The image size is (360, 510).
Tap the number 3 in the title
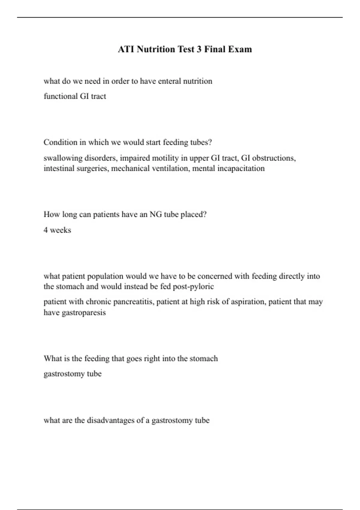pyautogui.click(x=199, y=49)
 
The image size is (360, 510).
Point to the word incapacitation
pyautogui.click(x=241, y=168)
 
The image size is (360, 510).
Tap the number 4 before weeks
pyautogui.click(x=46, y=230)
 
